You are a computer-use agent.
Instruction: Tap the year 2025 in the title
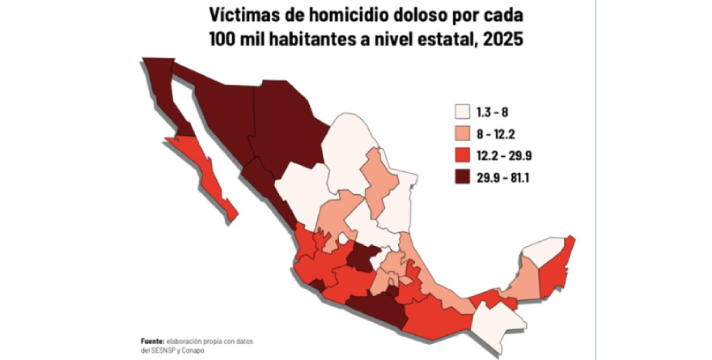pyautogui.click(x=502, y=38)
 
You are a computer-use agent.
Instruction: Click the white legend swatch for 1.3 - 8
pyautogui.click(x=463, y=112)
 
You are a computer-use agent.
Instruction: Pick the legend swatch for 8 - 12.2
pyautogui.click(x=463, y=133)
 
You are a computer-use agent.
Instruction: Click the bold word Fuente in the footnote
pyautogui.click(x=150, y=341)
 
